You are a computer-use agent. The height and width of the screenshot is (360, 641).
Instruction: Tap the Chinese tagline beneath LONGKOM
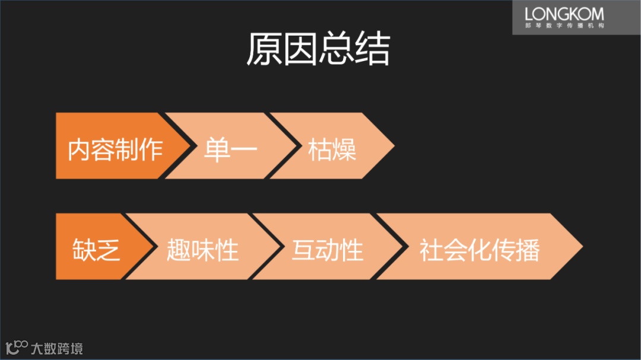[x=564, y=26]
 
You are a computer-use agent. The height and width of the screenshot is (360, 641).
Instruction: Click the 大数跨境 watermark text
[x=57, y=348]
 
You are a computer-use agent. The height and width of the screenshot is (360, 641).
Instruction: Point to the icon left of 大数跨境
[x=17, y=347]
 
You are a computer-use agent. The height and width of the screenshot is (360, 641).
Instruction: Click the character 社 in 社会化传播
[x=431, y=250]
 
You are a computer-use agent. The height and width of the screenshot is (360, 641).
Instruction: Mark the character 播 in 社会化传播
[x=528, y=250]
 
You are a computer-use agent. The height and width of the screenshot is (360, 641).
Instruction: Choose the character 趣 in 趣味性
[x=178, y=250]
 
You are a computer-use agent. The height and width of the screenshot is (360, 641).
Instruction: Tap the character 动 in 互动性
[x=327, y=250]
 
